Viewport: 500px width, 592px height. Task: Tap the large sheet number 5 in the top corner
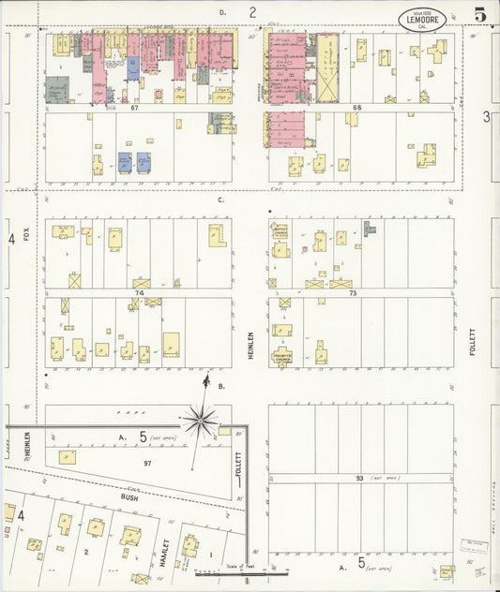pyautogui.click(x=479, y=15)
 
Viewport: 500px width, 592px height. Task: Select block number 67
pyautogui.click(x=135, y=109)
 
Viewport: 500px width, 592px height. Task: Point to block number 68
pyautogui.click(x=356, y=109)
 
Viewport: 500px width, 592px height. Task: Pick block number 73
pyautogui.click(x=353, y=292)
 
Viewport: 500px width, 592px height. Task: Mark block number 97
pyautogui.click(x=146, y=463)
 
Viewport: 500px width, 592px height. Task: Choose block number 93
pyautogui.click(x=357, y=478)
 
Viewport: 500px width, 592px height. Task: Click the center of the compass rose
pyautogui.click(x=202, y=422)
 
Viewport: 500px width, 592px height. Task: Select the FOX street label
pyautogui.click(x=28, y=231)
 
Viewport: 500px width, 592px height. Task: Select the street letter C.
pyautogui.click(x=220, y=200)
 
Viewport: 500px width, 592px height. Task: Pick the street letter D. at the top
pyautogui.click(x=222, y=12)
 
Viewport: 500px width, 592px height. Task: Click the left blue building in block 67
pyautogui.click(x=124, y=161)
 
